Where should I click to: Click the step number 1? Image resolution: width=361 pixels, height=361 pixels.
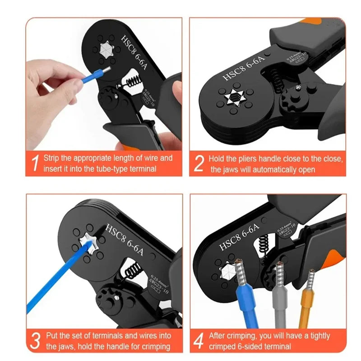pyautogui.click(x=34, y=164)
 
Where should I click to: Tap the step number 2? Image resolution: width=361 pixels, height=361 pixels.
pyautogui.click(x=199, y=164)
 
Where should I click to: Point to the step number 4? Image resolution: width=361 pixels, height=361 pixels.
pyautogui.click(x=199, y=341)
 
